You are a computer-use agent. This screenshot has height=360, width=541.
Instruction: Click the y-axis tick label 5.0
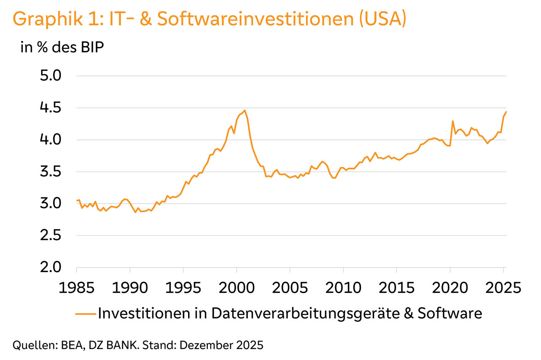click(x=51, y=76)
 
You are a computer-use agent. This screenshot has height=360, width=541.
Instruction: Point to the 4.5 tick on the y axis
click(x=51, y=108)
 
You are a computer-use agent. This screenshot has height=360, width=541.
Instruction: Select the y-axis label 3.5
click(x=51, y=172)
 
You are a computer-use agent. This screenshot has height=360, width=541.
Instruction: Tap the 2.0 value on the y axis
click(x=51, y=267)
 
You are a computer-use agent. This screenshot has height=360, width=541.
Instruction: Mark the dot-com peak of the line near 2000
click(x=245, y=110)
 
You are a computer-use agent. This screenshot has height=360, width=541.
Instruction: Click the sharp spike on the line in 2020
click(x=453, y=121)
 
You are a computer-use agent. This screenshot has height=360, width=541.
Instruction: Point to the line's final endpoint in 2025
click(x=506, y=112)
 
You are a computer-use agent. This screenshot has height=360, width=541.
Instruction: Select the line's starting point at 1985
click(x=77, y=201)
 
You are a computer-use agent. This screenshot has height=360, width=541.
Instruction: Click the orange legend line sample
click(x=86, y=314)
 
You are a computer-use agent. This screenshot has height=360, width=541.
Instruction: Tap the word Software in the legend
click(x=450, y=314)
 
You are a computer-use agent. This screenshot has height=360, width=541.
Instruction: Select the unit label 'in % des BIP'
click(x=62, y=47)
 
